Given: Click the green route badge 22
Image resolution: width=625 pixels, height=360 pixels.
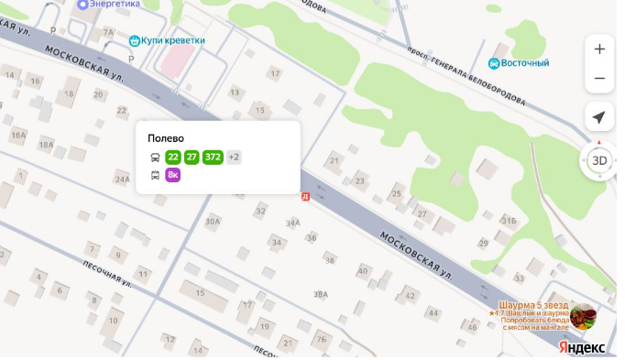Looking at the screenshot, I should click(173, 158).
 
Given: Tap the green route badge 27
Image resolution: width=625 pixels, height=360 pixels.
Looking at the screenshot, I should click(192, 158).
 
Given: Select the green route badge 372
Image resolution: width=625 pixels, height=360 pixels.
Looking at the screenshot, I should click(213, 158).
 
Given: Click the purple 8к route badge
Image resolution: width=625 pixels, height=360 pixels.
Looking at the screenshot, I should click(172, 175).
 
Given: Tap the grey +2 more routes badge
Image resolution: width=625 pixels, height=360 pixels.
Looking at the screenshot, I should click(234, 158).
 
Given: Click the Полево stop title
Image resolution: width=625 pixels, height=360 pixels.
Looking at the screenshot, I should click(166, 138).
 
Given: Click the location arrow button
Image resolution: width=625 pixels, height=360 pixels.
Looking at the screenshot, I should click(599, 117).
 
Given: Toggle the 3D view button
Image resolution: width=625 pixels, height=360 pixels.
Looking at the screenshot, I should click(599, 160).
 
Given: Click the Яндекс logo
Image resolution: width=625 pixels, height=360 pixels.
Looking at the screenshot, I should click(582, 348).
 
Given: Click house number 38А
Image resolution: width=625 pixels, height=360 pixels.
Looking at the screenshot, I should click(320, 294).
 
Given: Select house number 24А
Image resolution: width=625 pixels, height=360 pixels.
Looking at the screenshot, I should click(122, 180).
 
